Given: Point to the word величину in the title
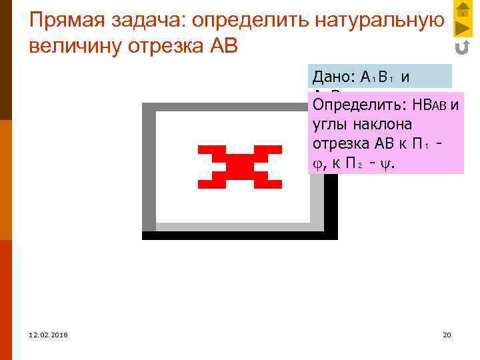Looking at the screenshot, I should [73, 48].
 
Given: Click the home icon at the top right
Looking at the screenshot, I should [463, 9].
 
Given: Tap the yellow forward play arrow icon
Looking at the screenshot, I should [463, 28].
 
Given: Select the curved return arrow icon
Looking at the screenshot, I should [463, 47].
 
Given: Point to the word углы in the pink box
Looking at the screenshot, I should [328, 125].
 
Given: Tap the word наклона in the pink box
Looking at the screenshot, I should [383, 125].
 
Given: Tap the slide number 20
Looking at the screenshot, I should [447, 334].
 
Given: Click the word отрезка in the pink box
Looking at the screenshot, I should [337, 143].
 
